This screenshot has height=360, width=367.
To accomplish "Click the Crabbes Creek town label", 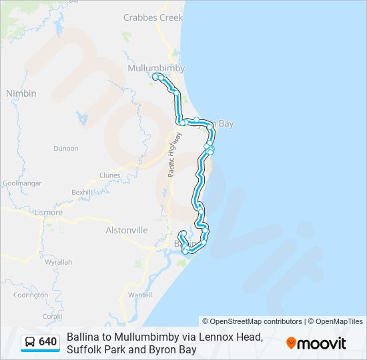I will [x=153, y=18].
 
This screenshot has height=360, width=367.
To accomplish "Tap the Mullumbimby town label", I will [x=156, y=68].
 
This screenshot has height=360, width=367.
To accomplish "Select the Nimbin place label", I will [x=21, y=93].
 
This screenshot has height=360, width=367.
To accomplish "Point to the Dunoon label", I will [x=66, y=149].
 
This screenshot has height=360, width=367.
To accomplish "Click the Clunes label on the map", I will [x=109, y=175].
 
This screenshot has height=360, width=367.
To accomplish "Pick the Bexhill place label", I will [x=82, y=192].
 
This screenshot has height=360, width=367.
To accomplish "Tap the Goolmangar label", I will [x=22, y=183].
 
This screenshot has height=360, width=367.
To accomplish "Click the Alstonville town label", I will [x=127, y=230].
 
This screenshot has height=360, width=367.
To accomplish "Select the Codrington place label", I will [x=30, y=295].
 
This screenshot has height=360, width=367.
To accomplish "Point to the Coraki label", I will [x=52, y=317].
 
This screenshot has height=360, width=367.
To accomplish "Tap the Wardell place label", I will [x=140, y=294].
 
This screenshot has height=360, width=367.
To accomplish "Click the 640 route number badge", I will [x=48, y=342].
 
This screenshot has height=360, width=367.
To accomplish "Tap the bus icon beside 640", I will [x=30, y=343].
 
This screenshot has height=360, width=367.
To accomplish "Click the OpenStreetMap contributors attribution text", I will [x=252, y=321].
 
